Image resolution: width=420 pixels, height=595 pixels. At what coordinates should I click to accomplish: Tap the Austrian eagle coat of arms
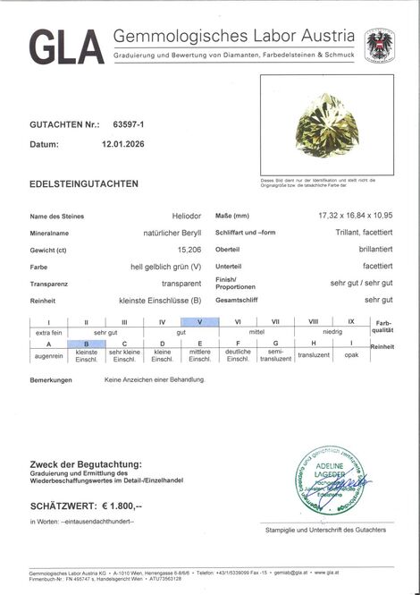pos(380,45)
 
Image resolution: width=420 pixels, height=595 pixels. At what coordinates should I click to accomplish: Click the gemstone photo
pos(328,123)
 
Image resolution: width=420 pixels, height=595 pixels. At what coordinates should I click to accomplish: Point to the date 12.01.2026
pos(123,143)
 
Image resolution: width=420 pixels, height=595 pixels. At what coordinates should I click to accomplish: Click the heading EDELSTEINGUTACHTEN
pos(83,183)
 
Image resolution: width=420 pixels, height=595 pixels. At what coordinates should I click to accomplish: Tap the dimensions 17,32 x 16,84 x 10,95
pos(356,217)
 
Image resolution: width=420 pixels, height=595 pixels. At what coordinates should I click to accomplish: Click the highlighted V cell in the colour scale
pos(199,321)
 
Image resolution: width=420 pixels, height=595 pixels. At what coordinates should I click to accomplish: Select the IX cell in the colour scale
pos(351,321)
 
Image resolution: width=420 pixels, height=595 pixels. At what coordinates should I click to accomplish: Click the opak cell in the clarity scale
pos(351,354)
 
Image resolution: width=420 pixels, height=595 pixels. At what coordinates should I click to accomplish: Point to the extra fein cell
pos(48,332)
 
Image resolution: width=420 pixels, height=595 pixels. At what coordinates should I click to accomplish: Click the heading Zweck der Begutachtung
pos(85,464)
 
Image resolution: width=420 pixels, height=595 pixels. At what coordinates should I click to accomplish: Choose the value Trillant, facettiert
pos(361,233)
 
